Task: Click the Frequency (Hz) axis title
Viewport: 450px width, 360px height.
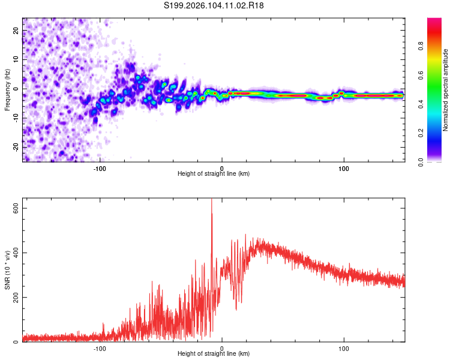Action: (x=7, y=90)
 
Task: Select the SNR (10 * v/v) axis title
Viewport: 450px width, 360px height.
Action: (x=7, y=272)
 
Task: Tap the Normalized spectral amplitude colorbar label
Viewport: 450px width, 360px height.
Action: (x=446, y=90)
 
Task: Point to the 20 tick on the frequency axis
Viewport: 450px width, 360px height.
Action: (x=16, y=31)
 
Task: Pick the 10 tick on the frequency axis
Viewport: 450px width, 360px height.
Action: (x=16, y=60)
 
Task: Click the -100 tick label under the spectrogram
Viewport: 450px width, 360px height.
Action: (x=100, y=168)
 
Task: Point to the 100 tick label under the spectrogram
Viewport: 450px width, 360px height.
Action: (x=344, y=168)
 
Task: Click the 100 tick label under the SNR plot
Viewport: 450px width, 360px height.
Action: (x=344, y=348)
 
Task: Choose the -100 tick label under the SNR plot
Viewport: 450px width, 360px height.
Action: (x=100, y=348)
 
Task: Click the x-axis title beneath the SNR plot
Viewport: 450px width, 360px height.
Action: (x=214, y=355)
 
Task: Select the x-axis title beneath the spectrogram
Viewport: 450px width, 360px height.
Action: (x=214, y=174)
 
